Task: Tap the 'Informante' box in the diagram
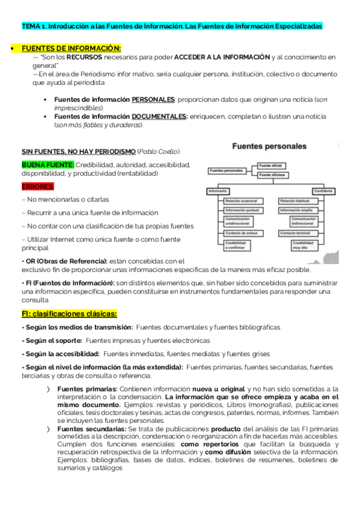click(215, 190)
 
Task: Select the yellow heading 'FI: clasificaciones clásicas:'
click(69, 314)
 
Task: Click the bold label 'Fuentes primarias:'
click(87, 389)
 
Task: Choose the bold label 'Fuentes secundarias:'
click(91, 429)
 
